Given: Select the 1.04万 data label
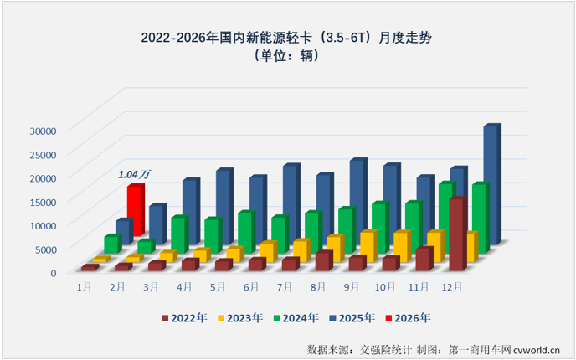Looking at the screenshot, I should click(x=134, y=174).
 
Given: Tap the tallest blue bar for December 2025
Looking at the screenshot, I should click(x=491, y=184).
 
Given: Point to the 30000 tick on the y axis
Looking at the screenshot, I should click(x=41, y=131).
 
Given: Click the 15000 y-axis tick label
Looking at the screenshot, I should click(x=41, y=202).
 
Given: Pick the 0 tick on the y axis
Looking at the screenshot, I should click(x=53, y=272).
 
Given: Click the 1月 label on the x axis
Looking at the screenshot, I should click(x=84, y=287).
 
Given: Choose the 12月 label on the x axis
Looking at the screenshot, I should click(x=450, y=287).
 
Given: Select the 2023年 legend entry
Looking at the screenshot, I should click(x=240, y=318).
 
